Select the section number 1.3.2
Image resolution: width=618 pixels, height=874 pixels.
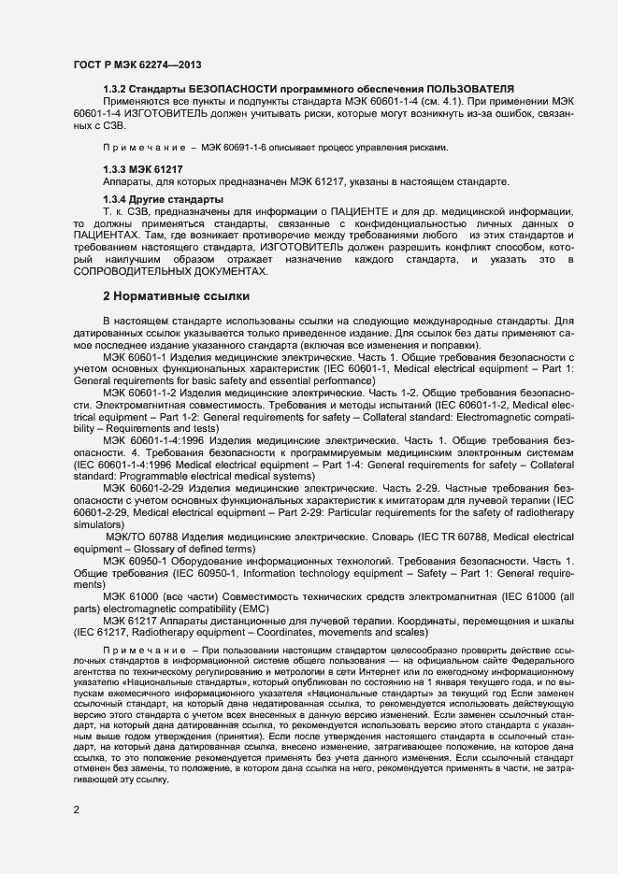coord(116,88)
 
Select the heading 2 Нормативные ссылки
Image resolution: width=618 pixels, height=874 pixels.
coord(176,296)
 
